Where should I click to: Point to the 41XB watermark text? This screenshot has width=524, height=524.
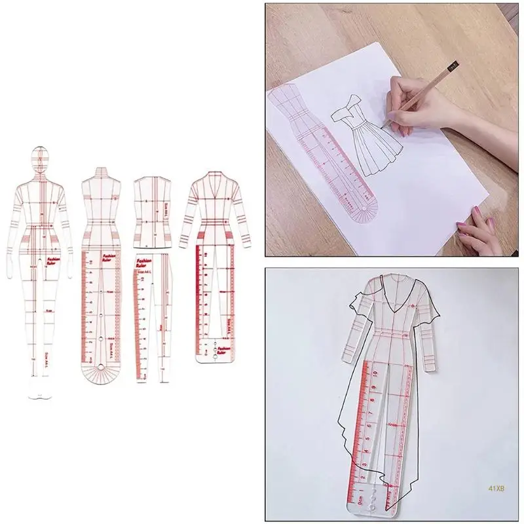point(496,487)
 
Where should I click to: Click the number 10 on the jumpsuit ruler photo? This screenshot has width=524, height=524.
point(378,371)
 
